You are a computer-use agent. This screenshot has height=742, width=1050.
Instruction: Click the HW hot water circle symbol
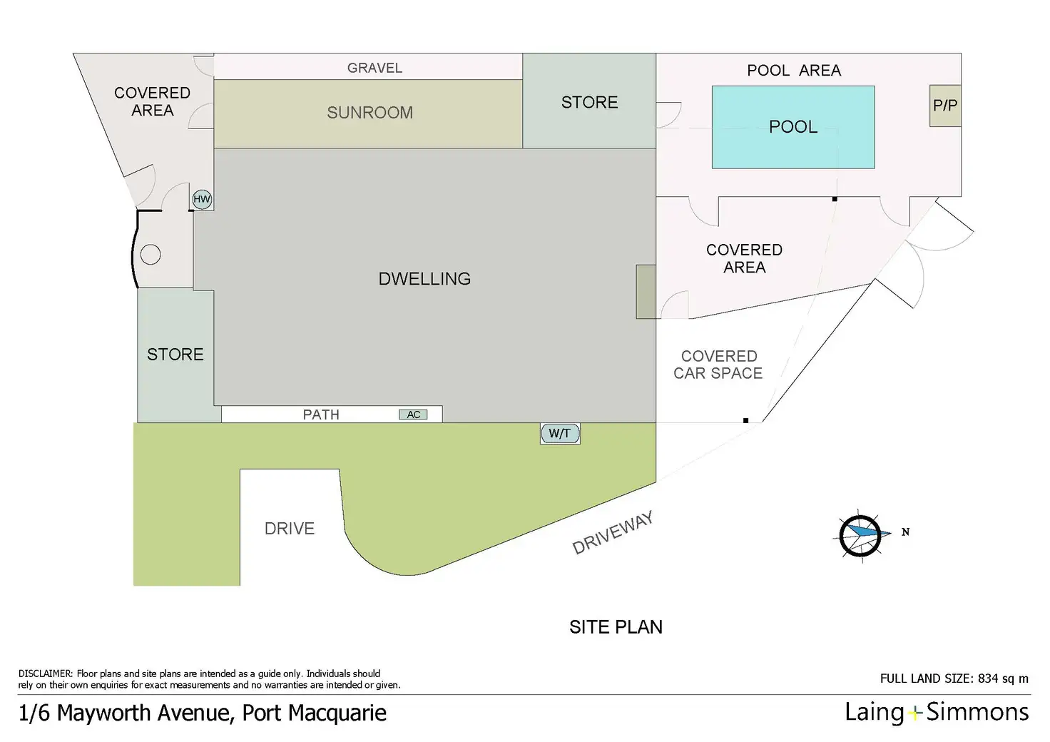pyautogui.click(x=202, y=199)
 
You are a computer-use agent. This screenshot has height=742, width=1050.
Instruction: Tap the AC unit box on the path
pyautogui.click(x=413, y=415)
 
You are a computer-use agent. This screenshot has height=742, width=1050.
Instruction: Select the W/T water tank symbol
pyautogui.click(x=560, y=433)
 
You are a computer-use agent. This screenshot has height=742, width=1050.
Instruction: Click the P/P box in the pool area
pyautogui.click(x=945, y=106)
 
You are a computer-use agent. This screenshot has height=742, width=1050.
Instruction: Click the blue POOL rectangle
pyautogui.click(x=793, y=127)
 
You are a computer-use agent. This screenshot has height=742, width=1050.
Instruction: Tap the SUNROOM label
pyautogui.click(x=369, y=113)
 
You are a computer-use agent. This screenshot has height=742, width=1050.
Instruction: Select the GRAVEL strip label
pyautogui.click(x=374, y=68)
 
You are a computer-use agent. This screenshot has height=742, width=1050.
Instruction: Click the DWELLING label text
pyautogui.click(x=424, y=279)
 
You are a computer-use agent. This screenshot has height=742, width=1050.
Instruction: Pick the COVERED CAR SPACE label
pyautogui.click(x=718, y=365)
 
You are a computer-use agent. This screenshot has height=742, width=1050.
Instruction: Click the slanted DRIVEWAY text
pyautogui.click(x=613, y=534)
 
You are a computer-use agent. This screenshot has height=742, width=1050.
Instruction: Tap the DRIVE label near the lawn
pyautogui.click(x=290, y=529)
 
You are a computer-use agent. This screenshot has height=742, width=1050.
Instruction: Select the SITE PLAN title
pyautogui.click(x=616, y=627)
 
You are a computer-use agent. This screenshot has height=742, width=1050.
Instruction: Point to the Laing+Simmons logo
pyautogui.click(x=937, y=712)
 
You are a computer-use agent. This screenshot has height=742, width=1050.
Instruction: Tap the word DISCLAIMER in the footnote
pyautogui.click(x=45, y=674)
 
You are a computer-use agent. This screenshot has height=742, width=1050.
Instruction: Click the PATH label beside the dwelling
pyautogui.click(x=321, y=415)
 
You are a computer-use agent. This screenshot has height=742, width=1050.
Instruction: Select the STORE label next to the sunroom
pyautogui.click(x=589, y=102)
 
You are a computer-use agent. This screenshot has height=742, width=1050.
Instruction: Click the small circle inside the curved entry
pyautogui.click(x=151, y=254)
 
